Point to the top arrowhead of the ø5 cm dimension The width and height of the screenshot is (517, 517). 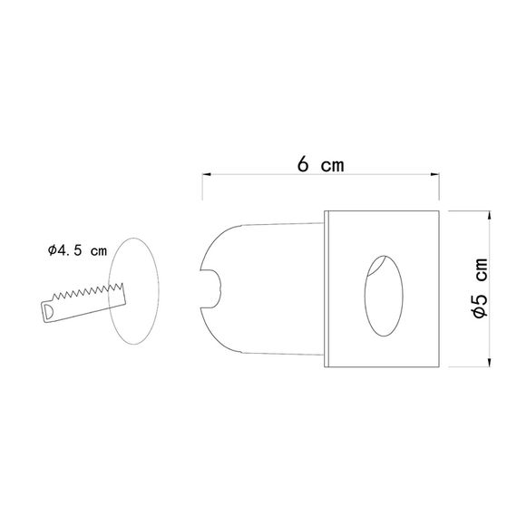pos(491,215)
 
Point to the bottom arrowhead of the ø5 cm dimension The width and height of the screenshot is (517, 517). pos(491,364)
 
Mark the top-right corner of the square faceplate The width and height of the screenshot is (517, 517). pos(439,212)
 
